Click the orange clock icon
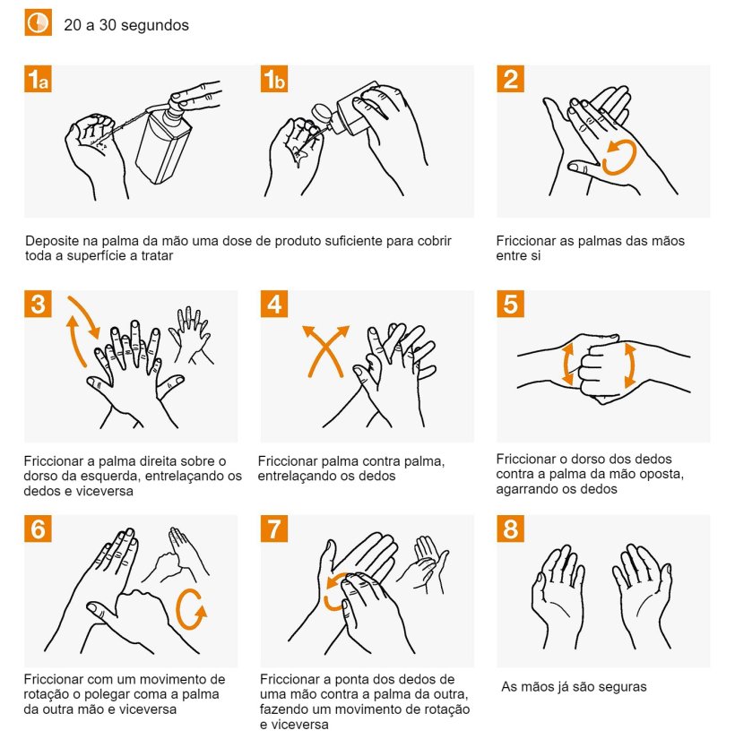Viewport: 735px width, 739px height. pos(38,22)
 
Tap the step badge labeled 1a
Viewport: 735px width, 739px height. pos(38,79)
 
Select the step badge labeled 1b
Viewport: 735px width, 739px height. pos(274,79)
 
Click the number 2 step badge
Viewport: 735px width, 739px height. pos(510,79)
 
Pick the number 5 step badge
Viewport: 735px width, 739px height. pos(510,304)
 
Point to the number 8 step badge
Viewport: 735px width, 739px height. pos(510,528)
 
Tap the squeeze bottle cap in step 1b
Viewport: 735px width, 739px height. pos(321,114)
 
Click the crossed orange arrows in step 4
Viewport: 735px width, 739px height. pos(325,351)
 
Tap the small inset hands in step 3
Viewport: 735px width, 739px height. pos(191,335)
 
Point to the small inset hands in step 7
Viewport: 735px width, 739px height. pos(422,564)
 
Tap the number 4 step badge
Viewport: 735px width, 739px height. pos(274,304)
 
